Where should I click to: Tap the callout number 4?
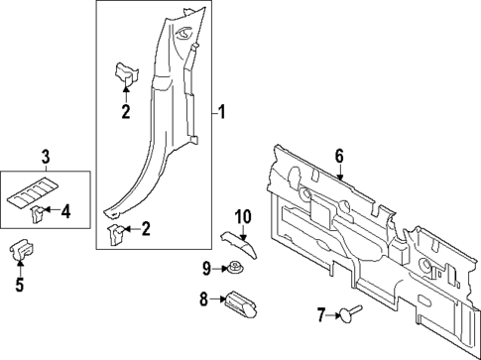pos(66,210)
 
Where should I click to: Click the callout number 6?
pos(338,156)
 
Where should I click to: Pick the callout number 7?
pos(320,315)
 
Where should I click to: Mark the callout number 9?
pos(206,267)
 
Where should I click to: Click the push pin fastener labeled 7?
pos(350,315)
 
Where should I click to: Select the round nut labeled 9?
pos(235,267)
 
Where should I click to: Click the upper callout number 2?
pos(126,112)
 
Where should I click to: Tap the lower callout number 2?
pos(146,230)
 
